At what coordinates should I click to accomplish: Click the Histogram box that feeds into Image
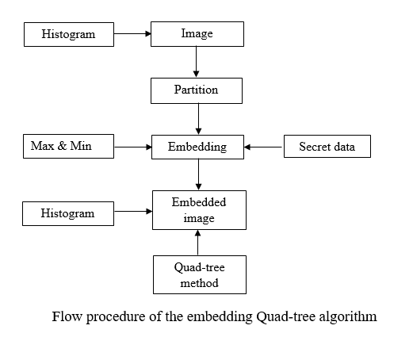tap(68, 35)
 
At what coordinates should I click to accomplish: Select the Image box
tap(197, 35)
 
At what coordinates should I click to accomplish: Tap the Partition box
tap(196, 90)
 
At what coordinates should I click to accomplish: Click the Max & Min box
tap(68, 147)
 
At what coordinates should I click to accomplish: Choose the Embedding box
tap(197, 147)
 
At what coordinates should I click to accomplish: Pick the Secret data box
tap(327, 147)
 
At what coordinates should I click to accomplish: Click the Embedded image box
tap(199, 209)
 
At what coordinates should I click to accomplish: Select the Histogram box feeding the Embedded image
tap(68, 213)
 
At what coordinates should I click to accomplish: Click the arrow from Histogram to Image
tap(132, 35)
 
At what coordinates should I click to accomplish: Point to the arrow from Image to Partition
tap(196, 62)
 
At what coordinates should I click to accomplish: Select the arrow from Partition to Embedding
tap(198, 118)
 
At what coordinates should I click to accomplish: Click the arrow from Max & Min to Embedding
tap(132, 147)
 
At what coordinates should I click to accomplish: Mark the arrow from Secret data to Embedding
tap(263, 147)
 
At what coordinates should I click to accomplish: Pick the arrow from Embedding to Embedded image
tap(198, 174)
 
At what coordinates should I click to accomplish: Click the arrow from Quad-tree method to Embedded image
tap(198, 242)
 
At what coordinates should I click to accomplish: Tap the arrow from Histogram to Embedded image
tap(132, 213)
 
